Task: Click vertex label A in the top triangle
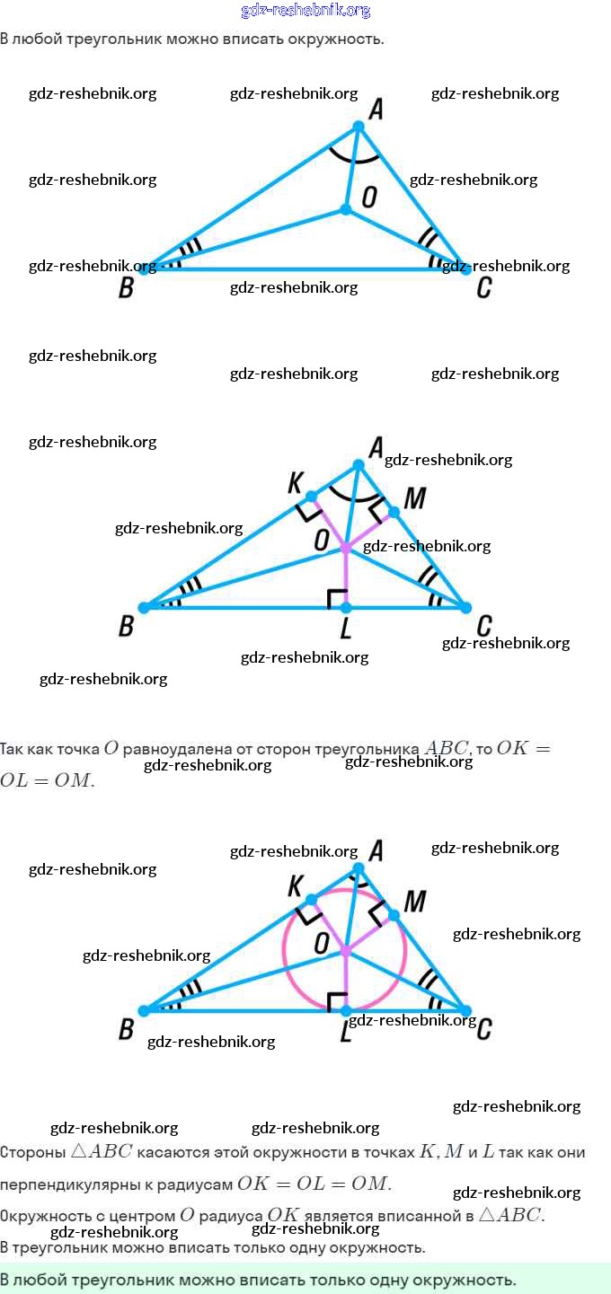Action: point(376,110)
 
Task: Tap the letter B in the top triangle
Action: point(127,288)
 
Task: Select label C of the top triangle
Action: point(484,287)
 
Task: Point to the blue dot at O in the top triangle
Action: point(346,209)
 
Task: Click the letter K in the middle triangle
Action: point(295,482)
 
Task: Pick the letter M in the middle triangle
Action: point(414,498)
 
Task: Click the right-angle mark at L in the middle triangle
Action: point(337,598)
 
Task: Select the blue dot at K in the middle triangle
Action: point(312,497)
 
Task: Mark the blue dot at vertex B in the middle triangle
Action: point(144,608)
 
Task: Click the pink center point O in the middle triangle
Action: point(346,547)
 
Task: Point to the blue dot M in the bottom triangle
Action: point(394,915)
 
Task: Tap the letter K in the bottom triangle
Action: point(295,886)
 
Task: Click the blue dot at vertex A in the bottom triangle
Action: point(359,867)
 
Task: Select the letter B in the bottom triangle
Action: point(127,1030)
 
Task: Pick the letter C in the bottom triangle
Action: point(484,1029)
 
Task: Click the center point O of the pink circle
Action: point(346,950)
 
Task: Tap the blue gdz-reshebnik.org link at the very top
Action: point(305,11)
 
